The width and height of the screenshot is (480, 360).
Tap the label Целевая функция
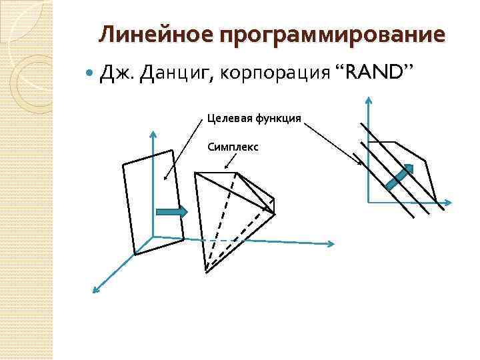253,119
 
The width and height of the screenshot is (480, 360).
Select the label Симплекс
233,145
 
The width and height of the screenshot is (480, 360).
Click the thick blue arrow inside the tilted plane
171,211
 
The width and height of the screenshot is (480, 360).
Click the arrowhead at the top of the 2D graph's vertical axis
369,101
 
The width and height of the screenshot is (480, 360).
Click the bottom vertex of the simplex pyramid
206,271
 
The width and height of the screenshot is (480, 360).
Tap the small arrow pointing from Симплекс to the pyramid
230,161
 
